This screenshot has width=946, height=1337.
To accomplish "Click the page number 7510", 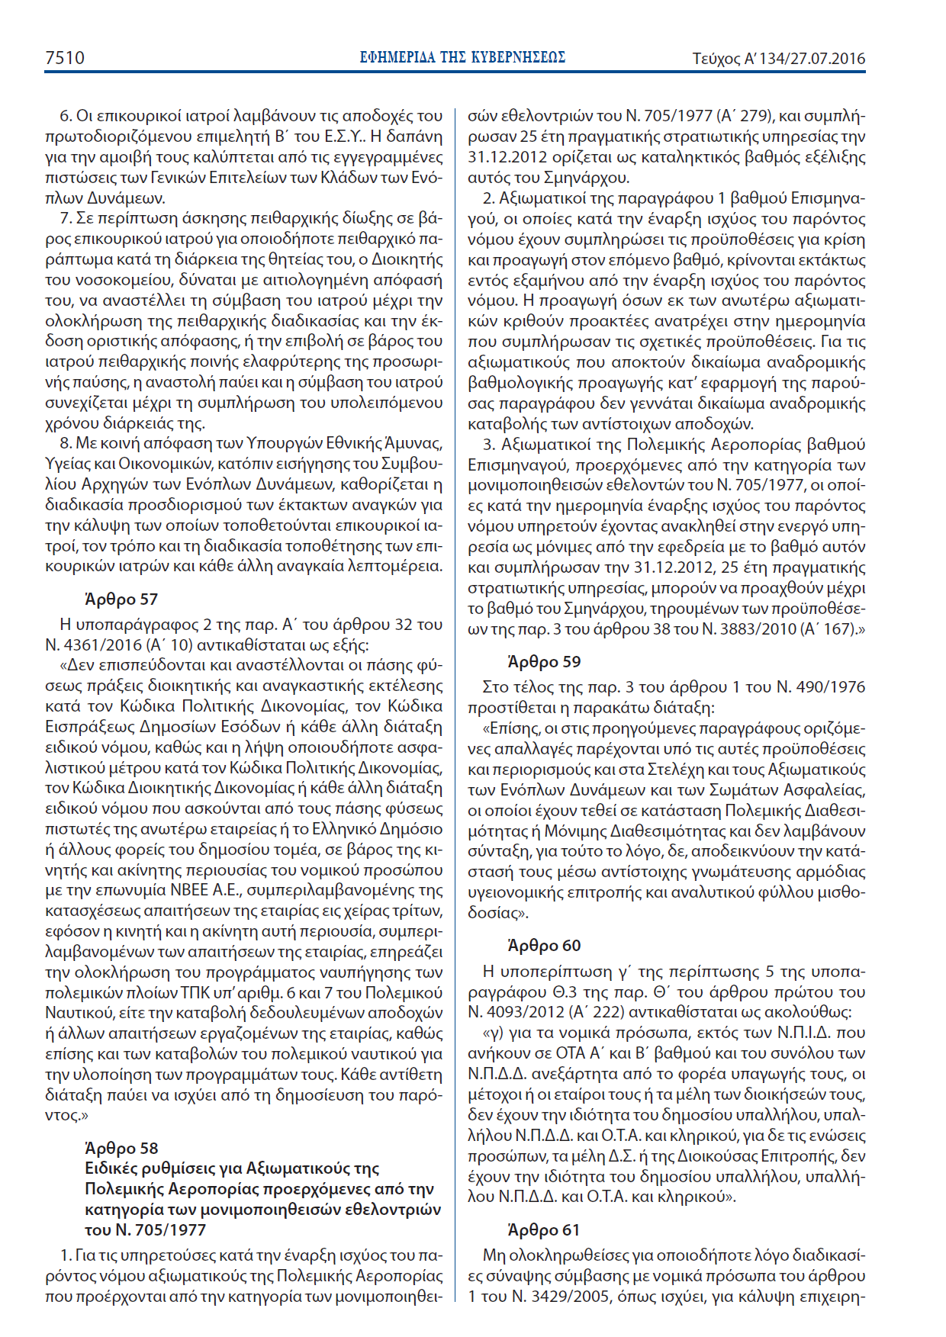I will (65, 58).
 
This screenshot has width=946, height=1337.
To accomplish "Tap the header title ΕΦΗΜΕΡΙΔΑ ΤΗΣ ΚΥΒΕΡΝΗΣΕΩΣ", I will (462, 58).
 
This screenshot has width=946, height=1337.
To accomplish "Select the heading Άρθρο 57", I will (121, 599).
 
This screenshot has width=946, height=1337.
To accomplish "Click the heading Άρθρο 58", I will (121, 1148).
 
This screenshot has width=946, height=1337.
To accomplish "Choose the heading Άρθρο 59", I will (544, 661).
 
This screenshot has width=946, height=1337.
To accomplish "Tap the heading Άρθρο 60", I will (544, 946).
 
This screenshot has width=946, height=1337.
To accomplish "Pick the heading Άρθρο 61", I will (543, 1229).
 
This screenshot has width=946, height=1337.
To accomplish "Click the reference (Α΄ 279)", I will (745, 117).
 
